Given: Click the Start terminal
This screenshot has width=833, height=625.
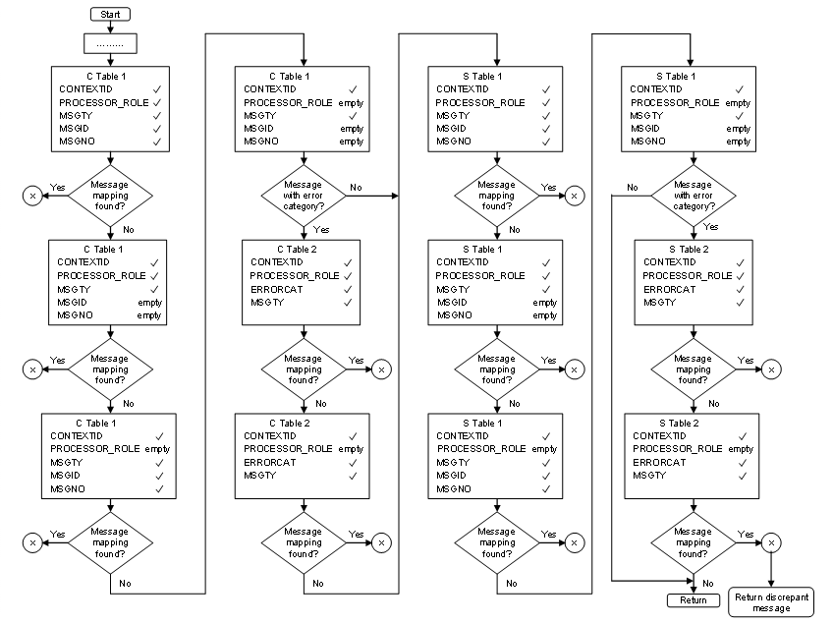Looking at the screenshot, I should (109, 15).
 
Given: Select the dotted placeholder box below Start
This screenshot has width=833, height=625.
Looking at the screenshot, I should (109, 44).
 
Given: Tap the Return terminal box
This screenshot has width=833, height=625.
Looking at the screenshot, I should (694, 600).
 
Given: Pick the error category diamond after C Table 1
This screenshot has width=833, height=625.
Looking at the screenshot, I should (303, 195).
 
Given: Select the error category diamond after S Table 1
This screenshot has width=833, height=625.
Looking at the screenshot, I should (694, 195).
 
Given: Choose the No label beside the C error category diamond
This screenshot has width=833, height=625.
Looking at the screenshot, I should (355, 187).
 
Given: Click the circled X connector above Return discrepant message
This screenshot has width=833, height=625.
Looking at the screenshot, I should (771, 541).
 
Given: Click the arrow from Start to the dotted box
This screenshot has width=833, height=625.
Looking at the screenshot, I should (109, 28).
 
